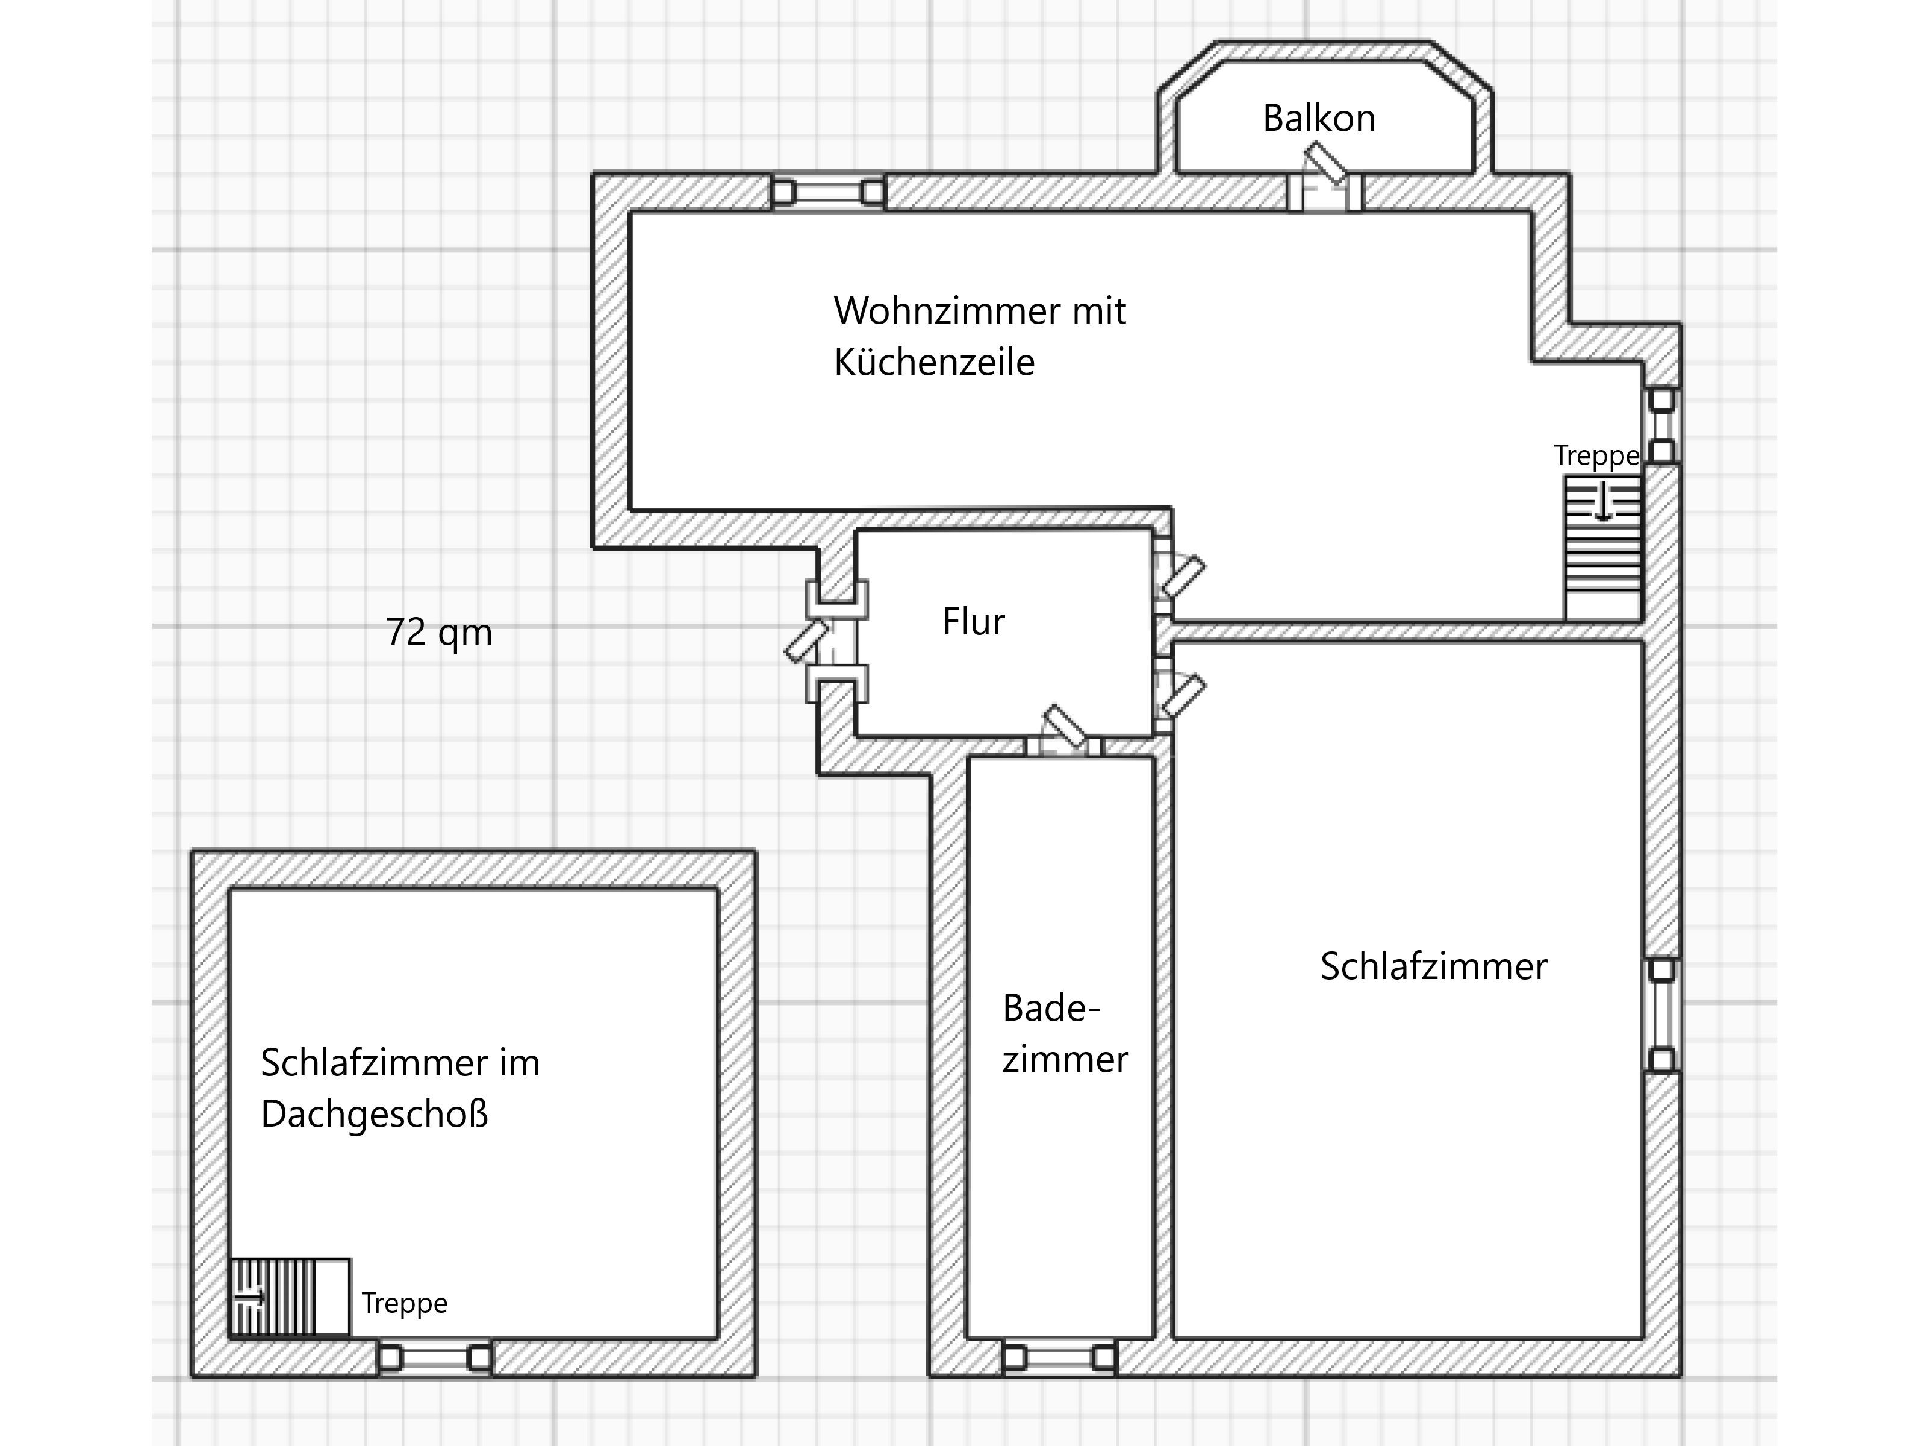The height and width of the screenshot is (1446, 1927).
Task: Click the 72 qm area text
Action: click(439, 632)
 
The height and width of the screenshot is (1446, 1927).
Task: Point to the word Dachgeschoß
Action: click(375, 1114)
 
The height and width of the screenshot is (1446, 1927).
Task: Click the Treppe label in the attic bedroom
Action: click(404, 1303)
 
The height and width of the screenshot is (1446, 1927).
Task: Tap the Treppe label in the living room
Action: click(1596, 456)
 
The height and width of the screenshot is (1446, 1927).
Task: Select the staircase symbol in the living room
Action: click(1603, 547)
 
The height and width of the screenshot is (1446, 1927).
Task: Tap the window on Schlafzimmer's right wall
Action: click(1661, 1015)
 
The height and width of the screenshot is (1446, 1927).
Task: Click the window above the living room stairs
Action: click(1661, 426)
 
